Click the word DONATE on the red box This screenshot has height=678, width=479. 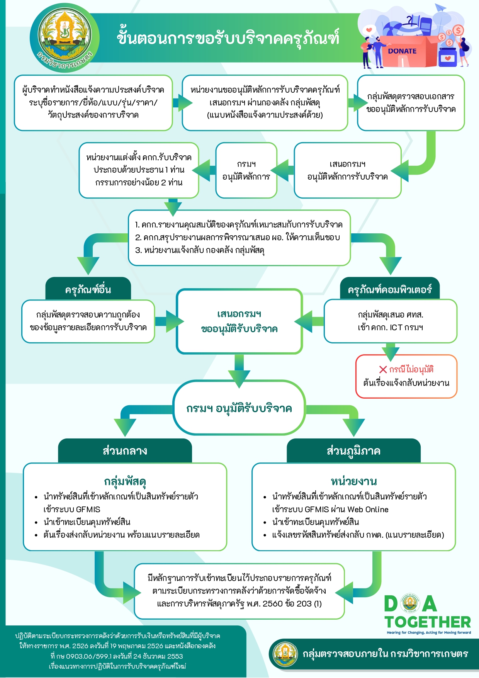(x=402, y=51)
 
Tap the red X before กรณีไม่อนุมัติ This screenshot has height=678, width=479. (x=383, y=370)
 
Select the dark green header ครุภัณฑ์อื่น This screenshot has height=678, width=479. (x=88, y=289)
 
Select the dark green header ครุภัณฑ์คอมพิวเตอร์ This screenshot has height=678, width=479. (x=389, y=289)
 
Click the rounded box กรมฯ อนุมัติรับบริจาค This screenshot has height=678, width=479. (x=239, y=408)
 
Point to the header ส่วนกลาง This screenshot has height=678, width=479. (x=125, y=450)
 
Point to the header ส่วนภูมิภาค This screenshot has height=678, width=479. (x=353, y=450)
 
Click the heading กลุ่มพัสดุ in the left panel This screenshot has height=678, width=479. (x=125, y=481)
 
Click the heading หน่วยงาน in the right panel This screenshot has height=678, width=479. (x=353, y=481)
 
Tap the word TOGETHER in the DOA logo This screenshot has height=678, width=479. (x=428, y=622)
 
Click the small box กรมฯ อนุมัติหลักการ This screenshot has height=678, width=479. (x=246, y=170)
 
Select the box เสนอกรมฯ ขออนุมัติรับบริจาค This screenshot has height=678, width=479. (x=239, y=321)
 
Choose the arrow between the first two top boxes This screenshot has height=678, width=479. (x=183, y=102)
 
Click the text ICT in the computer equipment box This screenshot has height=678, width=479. (x=396, y=328)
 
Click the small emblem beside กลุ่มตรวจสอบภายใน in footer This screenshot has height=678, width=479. (x=285, y=654)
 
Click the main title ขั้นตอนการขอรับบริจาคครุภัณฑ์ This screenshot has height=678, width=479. (x=228, y=38)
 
